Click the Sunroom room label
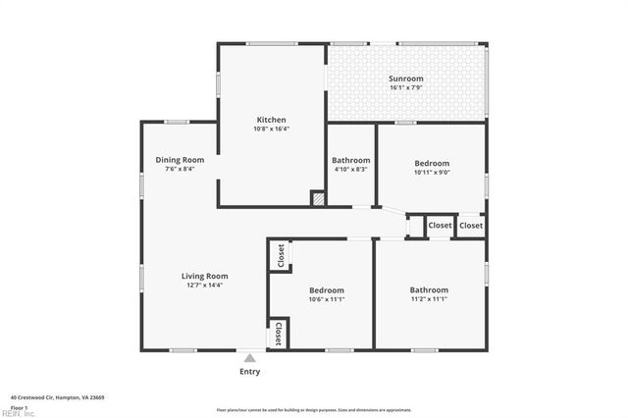[x=405, y=78]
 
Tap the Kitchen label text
[x=271, y=119]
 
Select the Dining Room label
[x=180, y=159]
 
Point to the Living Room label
[x=204, y=276]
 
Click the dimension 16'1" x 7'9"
[x=405, y=87]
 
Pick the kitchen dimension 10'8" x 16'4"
[x=271, y=128]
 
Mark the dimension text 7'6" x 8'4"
[x=180, y=168]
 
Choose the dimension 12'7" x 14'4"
[x=204, y=285]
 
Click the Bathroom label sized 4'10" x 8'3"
[x=350, y=160]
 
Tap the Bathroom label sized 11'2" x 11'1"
[x=429, y=289]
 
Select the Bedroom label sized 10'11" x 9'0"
[x=432, y=163]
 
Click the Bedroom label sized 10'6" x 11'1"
[x=327, y=290]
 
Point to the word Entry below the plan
[x=250, y=372]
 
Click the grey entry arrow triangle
[x=250, y=359]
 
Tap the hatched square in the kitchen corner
[x=317, y=198]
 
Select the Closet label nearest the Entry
[x=279, y=333]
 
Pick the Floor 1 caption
[x=20, y=406]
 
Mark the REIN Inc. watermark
[x=18, y=413]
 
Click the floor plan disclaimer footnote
[x=314, y=409]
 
